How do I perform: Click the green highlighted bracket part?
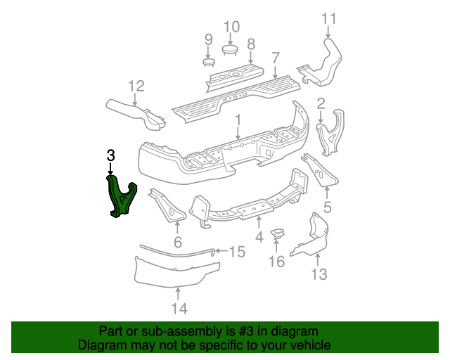[x=120, y=197]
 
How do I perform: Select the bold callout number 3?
[x=110, y=155]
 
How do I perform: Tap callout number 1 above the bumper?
[x=238, y=120]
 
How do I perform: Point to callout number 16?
[x=276, y=262]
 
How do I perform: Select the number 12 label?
[x=136, y=86]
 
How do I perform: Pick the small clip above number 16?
[x=278, y=234]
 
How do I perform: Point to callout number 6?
[x=177, y=243]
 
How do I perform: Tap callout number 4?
[x=259, y=238]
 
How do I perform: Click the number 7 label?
[x=276, y=57]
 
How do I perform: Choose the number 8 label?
[x=250, y=43]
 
